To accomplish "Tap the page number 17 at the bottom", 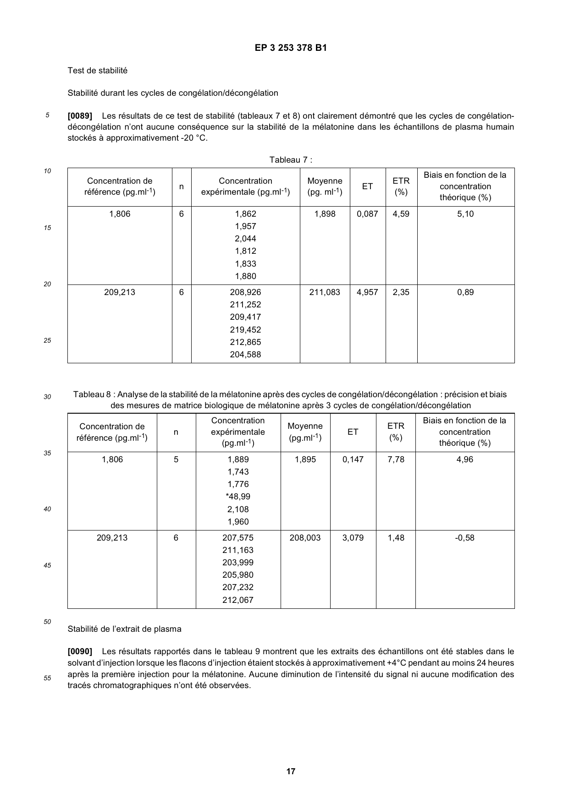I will click(291, 771).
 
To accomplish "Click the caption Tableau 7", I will click(291, 160).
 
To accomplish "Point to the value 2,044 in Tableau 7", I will click(245, 239).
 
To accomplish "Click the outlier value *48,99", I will click(238, 497).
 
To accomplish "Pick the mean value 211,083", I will click(325, 292).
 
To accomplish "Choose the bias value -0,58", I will click(464, 538).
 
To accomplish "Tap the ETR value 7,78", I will click(396, 459).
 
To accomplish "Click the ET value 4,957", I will click(367, 292).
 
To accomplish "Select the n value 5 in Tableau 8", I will click(176, 459).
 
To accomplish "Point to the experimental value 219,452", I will click(245, 330).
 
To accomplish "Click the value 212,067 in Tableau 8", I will click(238, 600).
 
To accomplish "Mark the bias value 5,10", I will click(465, 214).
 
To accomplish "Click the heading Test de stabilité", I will click(97, 71).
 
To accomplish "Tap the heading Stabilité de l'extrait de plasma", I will click(124, 629).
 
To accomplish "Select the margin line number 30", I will click(47, 397).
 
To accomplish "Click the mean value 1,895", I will click(305, 459).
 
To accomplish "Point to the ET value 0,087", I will click(367, 214).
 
